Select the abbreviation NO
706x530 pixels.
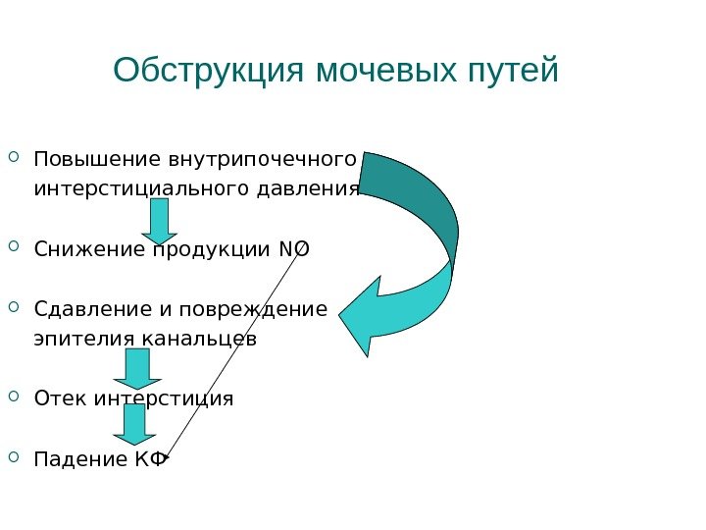coord(293,249)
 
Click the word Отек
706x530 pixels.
coord(57,398)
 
